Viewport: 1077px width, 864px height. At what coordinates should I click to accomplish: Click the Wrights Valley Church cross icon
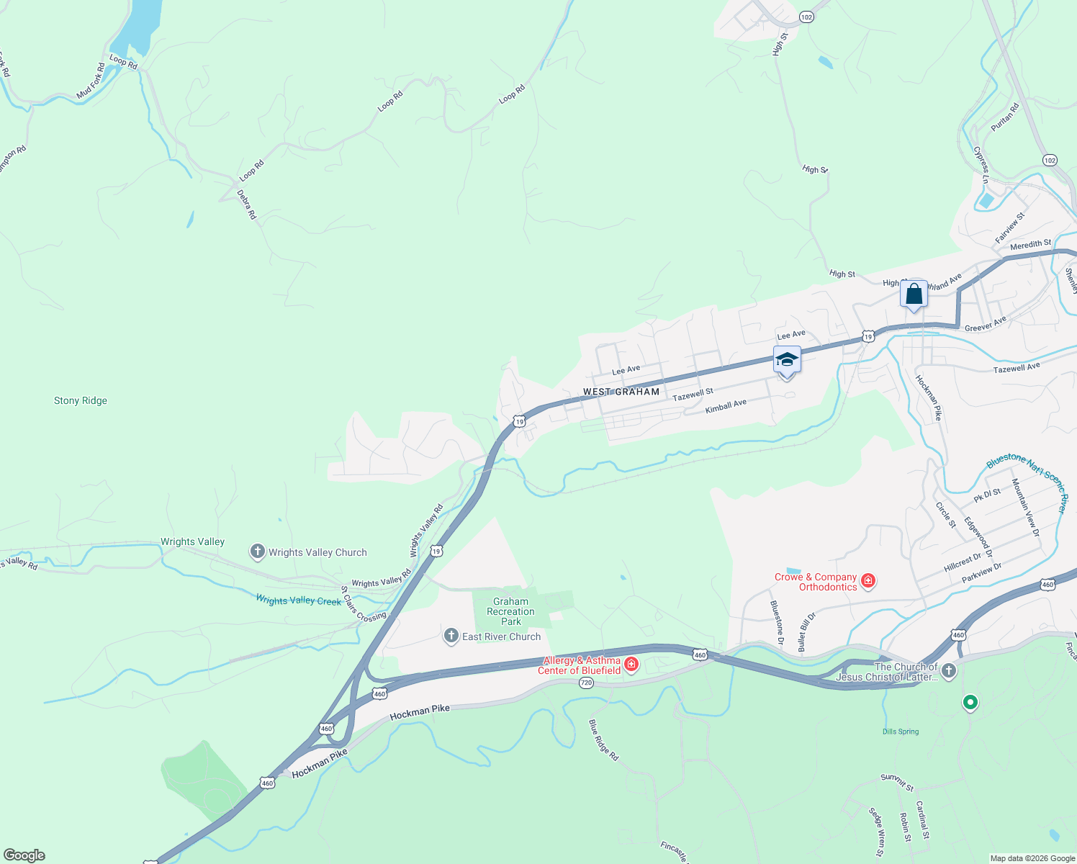pos(257,552)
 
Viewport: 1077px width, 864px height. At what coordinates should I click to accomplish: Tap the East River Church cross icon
pos(451,636)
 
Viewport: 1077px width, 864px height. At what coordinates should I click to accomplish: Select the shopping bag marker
pos(914,294)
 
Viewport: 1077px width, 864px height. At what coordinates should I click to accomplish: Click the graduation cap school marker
pos(787,360)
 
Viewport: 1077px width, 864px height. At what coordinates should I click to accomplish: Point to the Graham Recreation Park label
pos(510,611)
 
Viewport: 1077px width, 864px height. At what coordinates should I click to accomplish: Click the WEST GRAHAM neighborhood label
pos(621,392)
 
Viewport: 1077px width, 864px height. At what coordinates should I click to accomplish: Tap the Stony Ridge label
pos(81,400)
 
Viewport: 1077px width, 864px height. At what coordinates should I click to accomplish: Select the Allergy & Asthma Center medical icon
pos(631,664)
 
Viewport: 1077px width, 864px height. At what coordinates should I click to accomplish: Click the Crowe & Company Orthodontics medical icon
pos(868,580)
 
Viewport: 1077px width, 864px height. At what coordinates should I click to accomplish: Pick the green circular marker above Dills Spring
pos(970,702)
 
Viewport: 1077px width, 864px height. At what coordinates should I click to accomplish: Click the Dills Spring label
pos(901,732)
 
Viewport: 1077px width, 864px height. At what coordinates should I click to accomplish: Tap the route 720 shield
pos(586,683)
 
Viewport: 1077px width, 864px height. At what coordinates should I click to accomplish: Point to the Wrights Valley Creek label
pos(299,600)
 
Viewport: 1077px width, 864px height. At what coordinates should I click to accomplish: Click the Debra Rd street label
pos(246,204)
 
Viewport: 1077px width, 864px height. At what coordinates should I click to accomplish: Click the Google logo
pos(24,855)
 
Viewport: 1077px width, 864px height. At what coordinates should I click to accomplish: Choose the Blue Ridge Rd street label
pos(603,740)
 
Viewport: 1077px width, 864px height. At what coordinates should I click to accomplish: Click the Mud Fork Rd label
pos(91,81)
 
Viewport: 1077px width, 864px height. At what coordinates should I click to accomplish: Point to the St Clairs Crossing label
pos(363,606)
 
